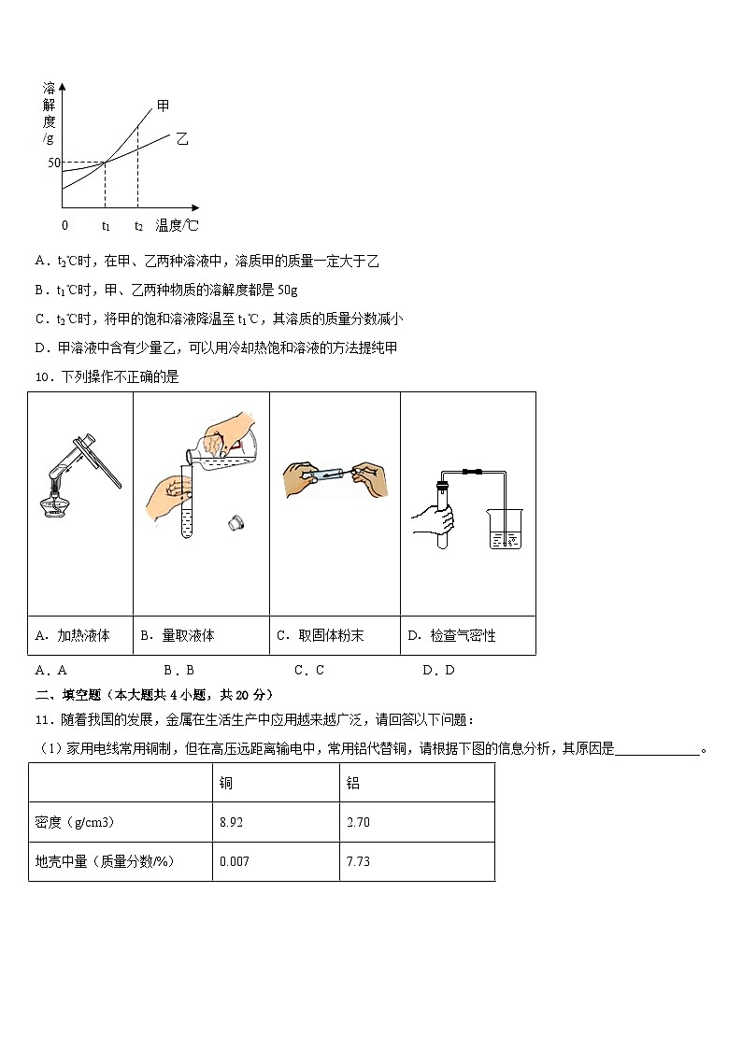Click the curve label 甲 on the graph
(164, 106)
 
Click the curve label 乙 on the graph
(182, 138)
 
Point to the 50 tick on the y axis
(53, 163)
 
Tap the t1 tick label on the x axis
(106, 225)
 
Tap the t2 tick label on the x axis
(138, 225)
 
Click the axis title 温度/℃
(178, 225)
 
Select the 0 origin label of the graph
(64, 225)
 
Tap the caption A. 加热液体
(72, 636)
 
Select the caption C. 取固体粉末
(321, 636)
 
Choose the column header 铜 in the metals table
(225, 783)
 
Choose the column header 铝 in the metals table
(352, 783)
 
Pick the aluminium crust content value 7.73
(358, 861)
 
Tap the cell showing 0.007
(235, 861)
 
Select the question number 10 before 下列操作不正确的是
(41, 377)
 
